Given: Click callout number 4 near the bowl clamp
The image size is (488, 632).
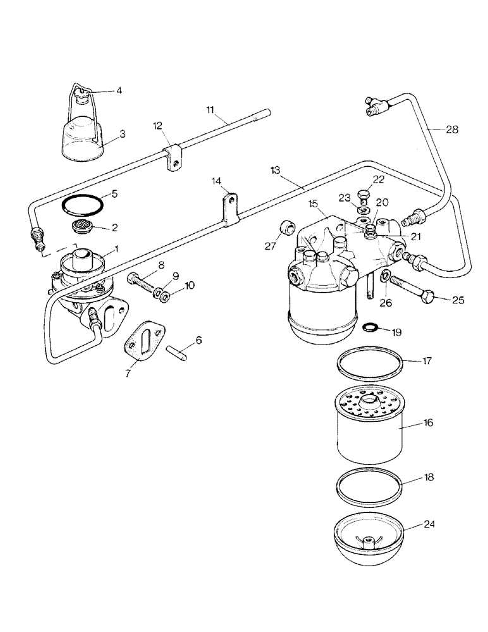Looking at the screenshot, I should (x=119, y=90).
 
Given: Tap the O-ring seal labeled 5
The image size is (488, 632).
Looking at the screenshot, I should (x=82, y=205).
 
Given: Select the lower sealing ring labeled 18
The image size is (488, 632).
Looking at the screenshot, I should (x=369, y=487).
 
